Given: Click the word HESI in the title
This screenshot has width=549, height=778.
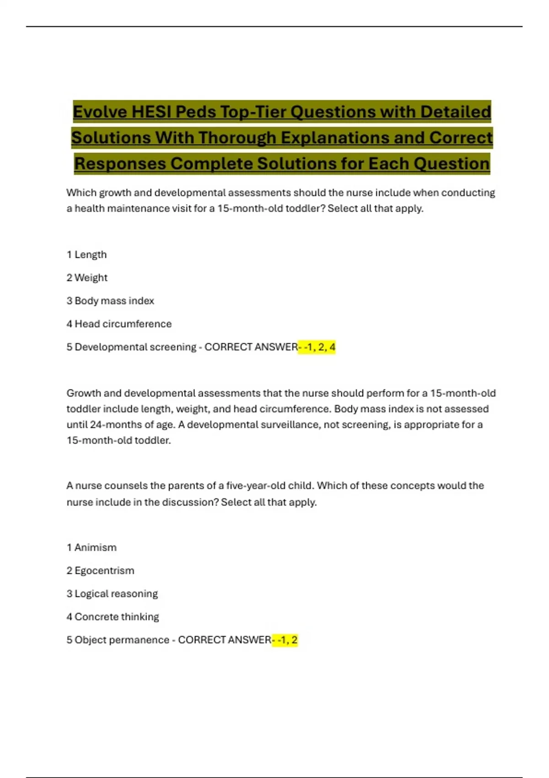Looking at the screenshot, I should click(x=151, y=112).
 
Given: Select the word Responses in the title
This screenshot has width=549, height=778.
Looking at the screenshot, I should click(x=120, y=164).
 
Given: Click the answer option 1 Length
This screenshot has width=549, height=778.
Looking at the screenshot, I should click(x=86, y=254).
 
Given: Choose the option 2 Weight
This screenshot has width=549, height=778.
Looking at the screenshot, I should click(x=87, y=277).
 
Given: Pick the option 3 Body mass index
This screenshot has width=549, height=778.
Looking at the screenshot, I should click(x=110, y=301).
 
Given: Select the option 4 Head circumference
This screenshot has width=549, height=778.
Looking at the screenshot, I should click(x=119, y=324).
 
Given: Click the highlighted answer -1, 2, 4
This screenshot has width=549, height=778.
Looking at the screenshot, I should click(x=317, y=347).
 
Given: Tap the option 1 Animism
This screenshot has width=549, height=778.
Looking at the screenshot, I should click(x=91, y=547).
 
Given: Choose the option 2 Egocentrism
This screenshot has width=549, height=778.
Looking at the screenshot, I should click(x=100, y=570).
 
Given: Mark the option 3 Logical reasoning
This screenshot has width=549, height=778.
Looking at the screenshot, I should click(x=112, y=594).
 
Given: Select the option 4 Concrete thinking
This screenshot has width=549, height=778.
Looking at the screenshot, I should click(x=113, y=616).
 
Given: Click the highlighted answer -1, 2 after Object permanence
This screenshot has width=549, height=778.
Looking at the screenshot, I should click(x=285, y=640).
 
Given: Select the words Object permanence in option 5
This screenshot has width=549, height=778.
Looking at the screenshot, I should click(x=122, y=640).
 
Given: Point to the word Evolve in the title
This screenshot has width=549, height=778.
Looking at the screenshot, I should click(x=100, y=112).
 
